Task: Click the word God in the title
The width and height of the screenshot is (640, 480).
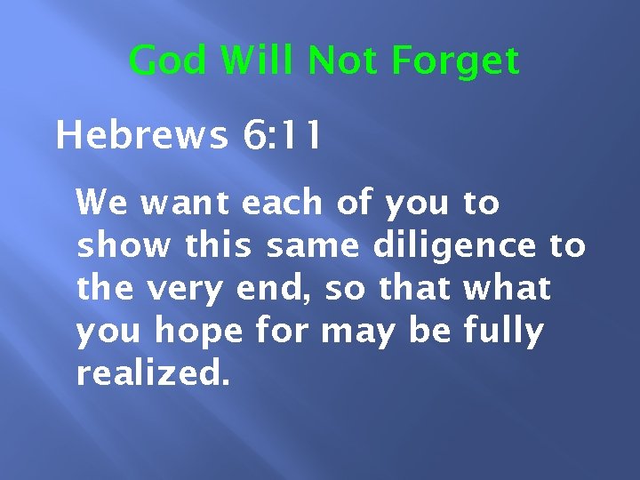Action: (169, 61)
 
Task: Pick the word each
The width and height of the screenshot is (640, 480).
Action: (282, 203)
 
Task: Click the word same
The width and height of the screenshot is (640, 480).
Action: (319, 245)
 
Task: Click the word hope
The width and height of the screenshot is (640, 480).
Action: (196, 331)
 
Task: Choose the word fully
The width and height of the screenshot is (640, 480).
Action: (503, 331)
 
